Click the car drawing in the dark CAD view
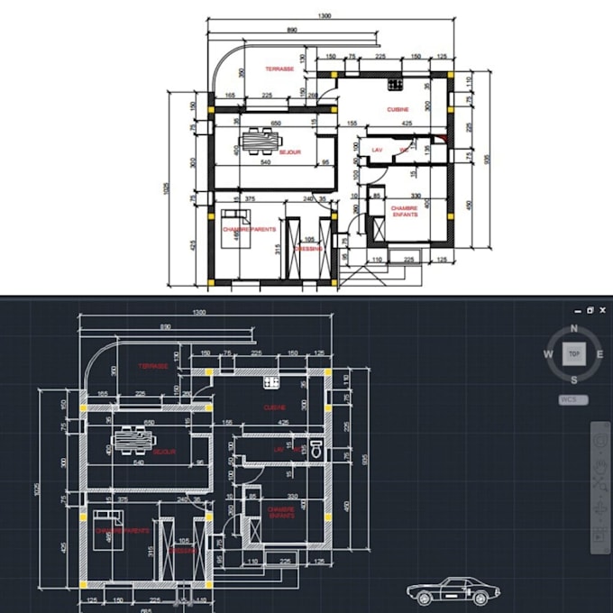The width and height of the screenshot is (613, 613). coord(453,592)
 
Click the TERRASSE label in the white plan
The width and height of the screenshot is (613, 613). coord(279,69)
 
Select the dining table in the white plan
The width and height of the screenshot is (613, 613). coord(261,140)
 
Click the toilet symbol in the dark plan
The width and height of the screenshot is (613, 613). coord(315,446)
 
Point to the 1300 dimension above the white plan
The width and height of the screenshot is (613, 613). coord(324,16)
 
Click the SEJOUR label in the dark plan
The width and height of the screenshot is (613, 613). coord(164,451)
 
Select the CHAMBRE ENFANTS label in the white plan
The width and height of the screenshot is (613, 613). coord(403,211)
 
